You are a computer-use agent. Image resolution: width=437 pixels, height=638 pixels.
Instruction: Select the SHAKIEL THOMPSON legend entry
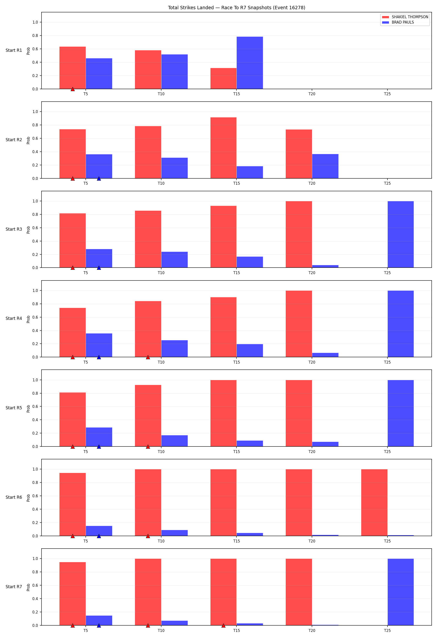coord(405,17)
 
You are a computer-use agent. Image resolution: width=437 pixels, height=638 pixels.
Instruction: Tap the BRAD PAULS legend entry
coord(398,22)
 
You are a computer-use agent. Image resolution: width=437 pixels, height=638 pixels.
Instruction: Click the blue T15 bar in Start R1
coord(250,63)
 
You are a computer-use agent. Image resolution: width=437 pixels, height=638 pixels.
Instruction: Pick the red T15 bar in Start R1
coord(223,79)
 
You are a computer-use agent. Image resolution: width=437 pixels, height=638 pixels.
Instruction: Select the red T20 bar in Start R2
coord(299,154)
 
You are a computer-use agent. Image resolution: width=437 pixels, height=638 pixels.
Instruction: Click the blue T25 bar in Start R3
coord(401,235)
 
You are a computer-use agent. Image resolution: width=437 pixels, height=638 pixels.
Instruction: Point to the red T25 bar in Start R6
coord(374,502)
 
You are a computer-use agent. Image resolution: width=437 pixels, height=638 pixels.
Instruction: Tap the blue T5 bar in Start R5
coord(99,437)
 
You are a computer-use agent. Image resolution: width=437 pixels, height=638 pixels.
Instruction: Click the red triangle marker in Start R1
coord(73,89)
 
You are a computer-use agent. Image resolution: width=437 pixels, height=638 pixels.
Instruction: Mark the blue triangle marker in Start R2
coord(99,179)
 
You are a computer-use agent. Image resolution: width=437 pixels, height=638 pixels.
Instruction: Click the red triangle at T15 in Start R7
coord(223,626)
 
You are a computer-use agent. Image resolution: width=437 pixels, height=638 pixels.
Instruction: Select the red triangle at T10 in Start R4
coord(148,358)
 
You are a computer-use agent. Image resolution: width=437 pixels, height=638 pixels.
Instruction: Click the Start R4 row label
coord(14,318)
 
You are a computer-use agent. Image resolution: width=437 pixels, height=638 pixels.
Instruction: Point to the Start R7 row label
coord(14,587)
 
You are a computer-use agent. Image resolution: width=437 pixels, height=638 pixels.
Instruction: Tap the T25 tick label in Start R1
coord(387,94)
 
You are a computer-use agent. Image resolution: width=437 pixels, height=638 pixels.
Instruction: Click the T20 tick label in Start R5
coord(312,452)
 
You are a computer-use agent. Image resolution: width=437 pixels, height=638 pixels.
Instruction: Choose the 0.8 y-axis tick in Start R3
coord(35,214)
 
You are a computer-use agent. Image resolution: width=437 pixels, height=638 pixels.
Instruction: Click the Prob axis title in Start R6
coord(28,498)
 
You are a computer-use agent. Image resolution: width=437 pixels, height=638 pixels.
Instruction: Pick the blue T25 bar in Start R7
coord(401,592)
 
